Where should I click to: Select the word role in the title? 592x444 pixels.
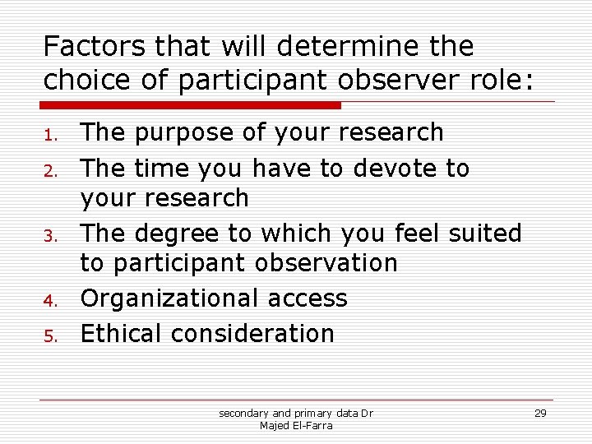pos(500,81)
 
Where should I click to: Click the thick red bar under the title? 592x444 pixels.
pos(192,105)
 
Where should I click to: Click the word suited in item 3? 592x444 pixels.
pos(485,234)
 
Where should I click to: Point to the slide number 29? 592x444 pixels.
pos(540,413)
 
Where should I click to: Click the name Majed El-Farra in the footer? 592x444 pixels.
pos(296,425)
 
